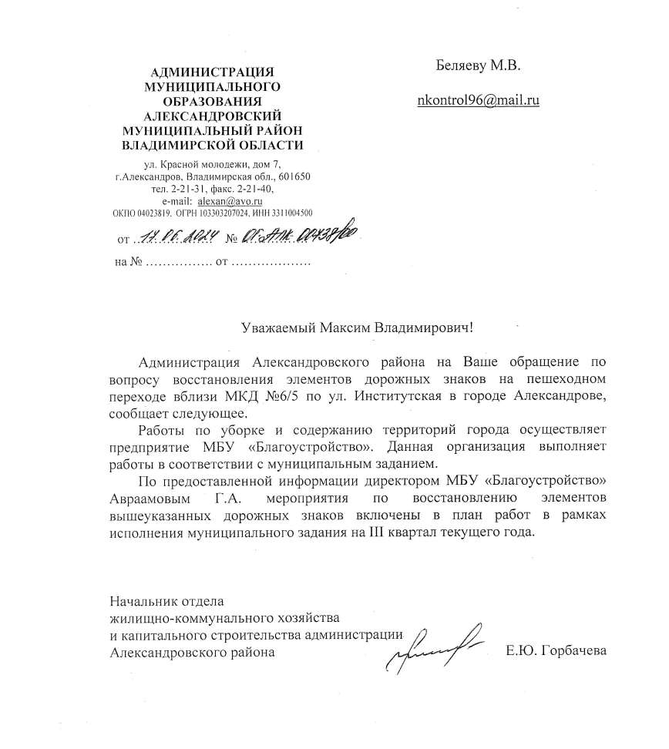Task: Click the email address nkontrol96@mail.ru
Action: pyautogui.click(x=477, y=100)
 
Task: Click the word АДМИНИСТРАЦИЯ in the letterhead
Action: pyautogui.click(x=212, y=72)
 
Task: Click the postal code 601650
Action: pyautogui.click(x=294, y=177)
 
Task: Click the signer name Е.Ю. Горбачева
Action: pyautogui.click(x=556, y=652)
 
